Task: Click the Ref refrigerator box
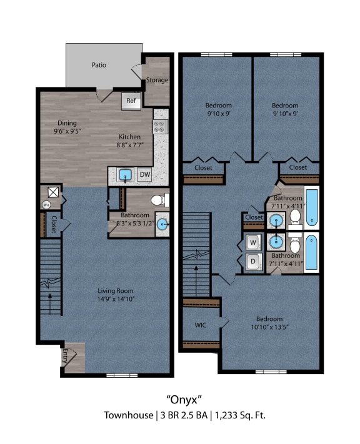[131, 101]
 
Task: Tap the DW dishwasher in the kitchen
[144, 175]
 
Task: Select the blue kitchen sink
[124, 175]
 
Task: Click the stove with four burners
[161, 127]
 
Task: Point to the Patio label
[99, 64]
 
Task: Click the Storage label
[157, 80]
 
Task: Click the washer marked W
[252, 242]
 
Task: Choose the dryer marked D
[252, 262]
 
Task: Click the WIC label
[200, 325]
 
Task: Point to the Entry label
[64, 357]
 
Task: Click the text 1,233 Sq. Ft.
[242, 415]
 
